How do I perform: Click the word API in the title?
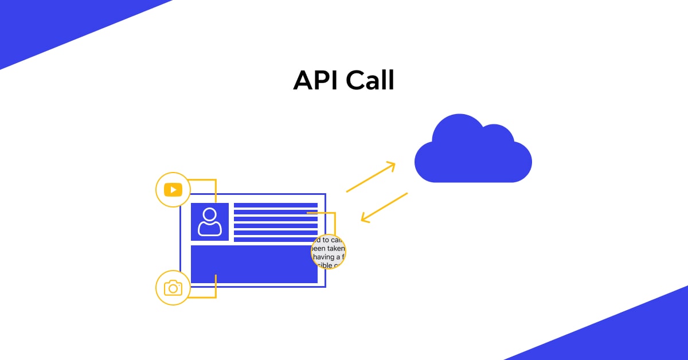316,81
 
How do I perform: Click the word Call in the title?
370,81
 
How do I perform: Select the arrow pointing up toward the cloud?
371,177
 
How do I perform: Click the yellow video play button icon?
173,189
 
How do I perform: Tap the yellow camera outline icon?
173,288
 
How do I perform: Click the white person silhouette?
210,222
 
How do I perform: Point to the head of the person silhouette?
210,215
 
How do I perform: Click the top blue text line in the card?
275,205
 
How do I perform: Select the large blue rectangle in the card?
252,264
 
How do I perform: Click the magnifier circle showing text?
329,252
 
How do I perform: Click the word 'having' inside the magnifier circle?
325,257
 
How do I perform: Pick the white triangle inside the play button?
173,189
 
